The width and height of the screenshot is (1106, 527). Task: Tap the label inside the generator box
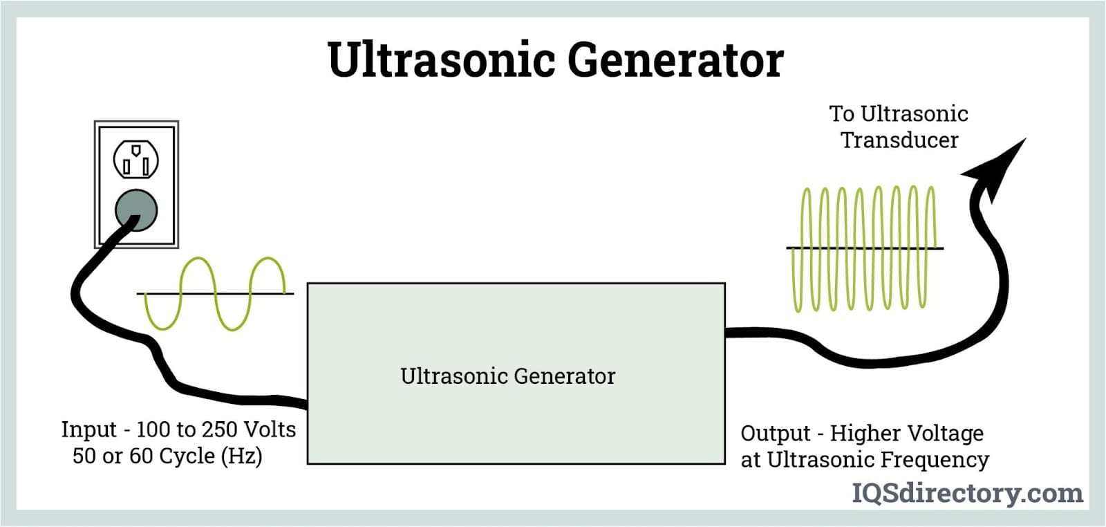coord(507,376)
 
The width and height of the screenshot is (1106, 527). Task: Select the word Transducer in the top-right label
coord(899,140)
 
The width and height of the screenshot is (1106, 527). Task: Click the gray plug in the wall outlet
coord(136,210)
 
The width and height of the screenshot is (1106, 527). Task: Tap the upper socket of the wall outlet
coord(136,160)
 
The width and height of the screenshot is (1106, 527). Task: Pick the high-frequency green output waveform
coord(864,248)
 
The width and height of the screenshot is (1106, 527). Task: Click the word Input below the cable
coord(88,429)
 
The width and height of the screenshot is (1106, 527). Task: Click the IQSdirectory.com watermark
coord(967,493)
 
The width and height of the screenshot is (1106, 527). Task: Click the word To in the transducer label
coord(841,113)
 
